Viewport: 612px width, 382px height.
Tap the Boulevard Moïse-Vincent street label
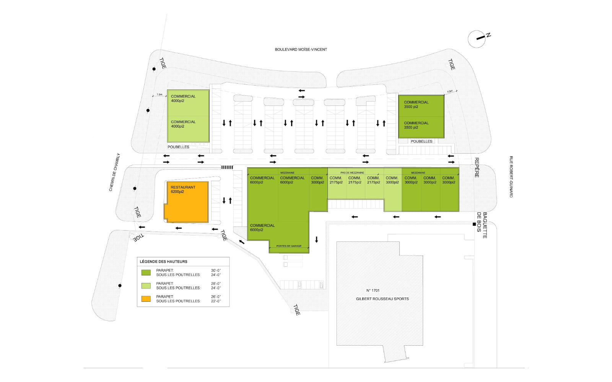point(301,50)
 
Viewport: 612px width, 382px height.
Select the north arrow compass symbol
point(477,39)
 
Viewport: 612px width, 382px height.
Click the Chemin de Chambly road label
point(114,172)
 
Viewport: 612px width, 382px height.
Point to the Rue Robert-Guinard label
point(511,176)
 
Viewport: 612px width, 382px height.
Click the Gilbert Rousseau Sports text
point(382,299)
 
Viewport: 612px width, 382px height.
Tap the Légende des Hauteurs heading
point(163,262)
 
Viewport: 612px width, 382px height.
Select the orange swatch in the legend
point(146,299)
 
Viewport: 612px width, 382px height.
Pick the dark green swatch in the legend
point(146,272)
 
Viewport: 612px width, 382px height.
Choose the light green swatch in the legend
point(146,286)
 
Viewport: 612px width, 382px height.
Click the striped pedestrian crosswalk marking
point(227,167)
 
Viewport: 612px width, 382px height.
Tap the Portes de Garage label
point(289,246)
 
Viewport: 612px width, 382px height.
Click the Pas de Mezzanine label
point(352,173)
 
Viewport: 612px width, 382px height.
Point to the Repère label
point(477,167)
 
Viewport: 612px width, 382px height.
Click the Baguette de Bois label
point(482,225)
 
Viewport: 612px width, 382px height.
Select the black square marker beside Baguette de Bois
point(474,224)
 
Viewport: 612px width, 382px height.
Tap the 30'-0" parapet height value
point(216,270)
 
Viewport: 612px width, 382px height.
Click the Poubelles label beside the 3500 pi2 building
point(422,141)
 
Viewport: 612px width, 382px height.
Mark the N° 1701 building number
point(373,291)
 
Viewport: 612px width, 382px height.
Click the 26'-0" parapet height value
point(216,297)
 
